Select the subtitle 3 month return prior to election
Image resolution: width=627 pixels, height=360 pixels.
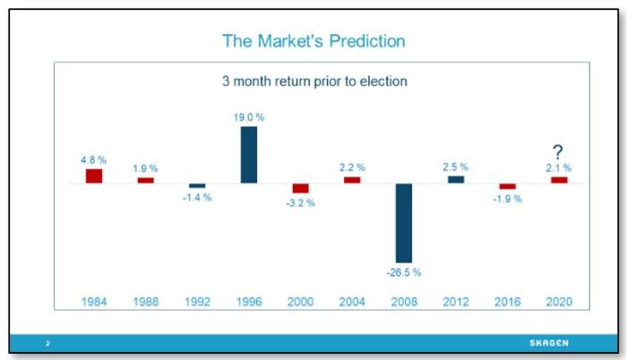point(314,81)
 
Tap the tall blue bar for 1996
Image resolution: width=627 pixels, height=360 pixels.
point(249,155)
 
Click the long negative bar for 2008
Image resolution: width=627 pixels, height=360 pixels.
point(404,223)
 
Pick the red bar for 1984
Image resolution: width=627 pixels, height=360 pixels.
point(94,176)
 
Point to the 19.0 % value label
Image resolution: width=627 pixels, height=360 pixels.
point(249,116)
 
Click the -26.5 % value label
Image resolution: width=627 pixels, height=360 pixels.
point(404,271)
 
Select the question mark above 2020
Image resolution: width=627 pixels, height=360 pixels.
point(558,152)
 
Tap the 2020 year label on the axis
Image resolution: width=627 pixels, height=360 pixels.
point(558,302)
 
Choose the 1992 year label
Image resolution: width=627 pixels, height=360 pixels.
point(197,302)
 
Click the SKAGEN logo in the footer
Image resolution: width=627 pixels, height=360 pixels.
point(548,343)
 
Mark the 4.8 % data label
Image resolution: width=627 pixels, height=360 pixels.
point(93,159)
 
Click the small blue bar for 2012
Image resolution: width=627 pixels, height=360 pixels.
point(456,179)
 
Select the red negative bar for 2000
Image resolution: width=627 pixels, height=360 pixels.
point(301,188)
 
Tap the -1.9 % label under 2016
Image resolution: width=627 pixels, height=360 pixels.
point(507,199)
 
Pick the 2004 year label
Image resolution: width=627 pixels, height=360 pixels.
point(352,302)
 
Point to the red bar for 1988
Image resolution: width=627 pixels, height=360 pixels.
point(145,180)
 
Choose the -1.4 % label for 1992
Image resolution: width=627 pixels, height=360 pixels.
point(197,197)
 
